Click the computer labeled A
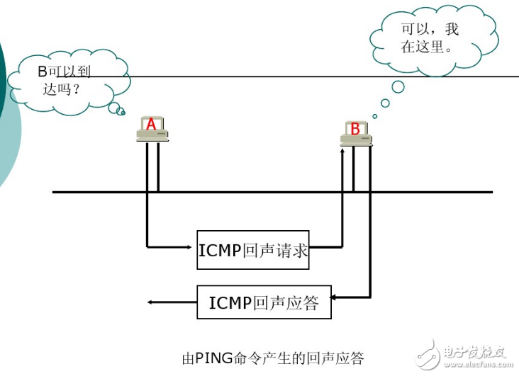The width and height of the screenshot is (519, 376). coord(152,130)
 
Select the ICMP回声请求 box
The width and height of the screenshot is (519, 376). coord(253,249)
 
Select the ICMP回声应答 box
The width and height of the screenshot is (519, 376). coord(264,303)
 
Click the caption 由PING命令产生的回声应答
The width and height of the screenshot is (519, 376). coord(273,358)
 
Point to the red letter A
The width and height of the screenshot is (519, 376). coord(150,125)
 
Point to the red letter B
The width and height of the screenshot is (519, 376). coord(355,129)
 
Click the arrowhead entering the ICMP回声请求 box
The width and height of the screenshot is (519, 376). coord(191,247)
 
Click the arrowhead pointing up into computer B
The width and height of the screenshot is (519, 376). coord(342,150)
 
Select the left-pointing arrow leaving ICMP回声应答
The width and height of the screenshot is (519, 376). coord(170,302)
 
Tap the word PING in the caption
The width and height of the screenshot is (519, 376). coord(213,358)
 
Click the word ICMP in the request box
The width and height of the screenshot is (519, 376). coord(220,249)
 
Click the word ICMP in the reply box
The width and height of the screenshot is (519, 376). coord(230,303)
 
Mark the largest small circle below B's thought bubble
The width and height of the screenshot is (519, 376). coord(398,86)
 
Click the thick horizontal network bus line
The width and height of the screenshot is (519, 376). coord(272,192)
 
